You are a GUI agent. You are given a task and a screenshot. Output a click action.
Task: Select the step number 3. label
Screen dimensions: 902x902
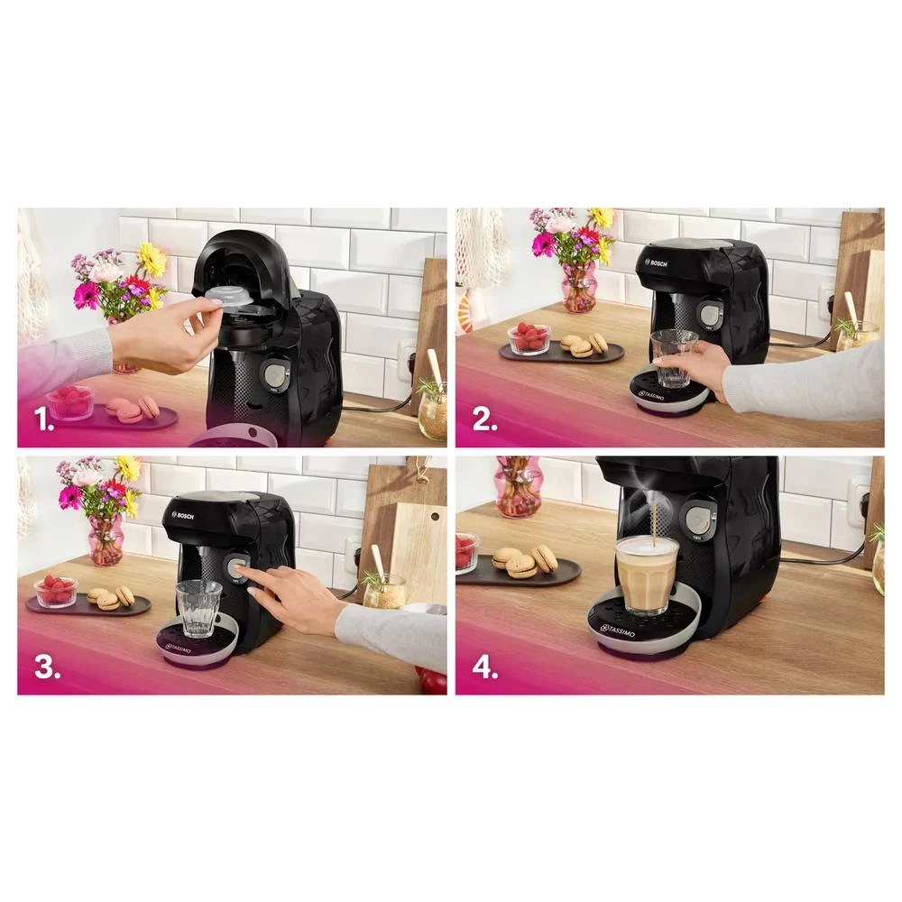46,667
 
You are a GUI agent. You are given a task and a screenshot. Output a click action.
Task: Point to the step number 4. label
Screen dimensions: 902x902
484,667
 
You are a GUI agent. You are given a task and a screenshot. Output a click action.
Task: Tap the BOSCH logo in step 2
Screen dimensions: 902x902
656,262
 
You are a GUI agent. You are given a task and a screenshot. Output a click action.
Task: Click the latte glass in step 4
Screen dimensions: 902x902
646,574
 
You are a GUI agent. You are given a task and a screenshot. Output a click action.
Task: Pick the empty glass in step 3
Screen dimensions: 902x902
198,608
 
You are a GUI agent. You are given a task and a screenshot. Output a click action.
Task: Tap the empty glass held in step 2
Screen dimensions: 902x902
673,357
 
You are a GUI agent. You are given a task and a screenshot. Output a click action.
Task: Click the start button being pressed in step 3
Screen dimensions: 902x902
236,568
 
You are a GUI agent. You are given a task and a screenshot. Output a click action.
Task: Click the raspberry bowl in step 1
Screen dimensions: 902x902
71,401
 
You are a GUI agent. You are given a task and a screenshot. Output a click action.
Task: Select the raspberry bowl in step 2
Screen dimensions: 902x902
529,339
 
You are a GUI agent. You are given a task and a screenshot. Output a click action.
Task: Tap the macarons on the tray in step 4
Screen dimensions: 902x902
523,561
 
